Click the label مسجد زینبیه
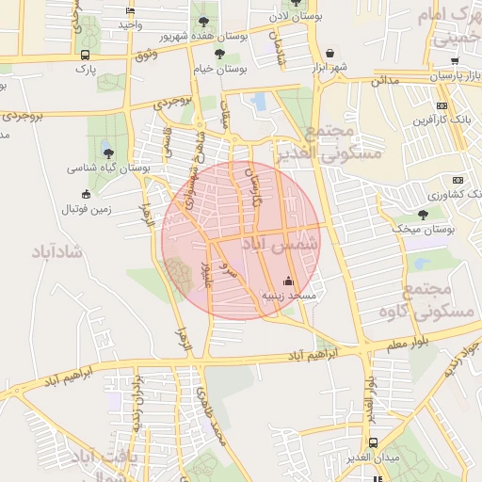pos(288,296)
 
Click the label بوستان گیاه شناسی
pos(108,169)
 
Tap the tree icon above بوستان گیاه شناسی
pos(108,153)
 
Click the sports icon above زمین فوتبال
pos(88,194)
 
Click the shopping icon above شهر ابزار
pos(329,54)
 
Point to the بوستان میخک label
pos(424,229)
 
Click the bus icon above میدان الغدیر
pos(374,442)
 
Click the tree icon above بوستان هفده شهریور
pos(201,21)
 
